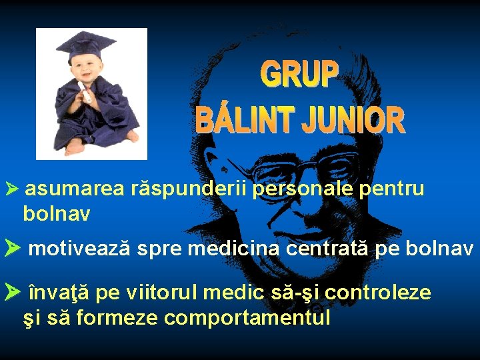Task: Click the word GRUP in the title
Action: tap(299, 75)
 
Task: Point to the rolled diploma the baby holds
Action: tap(85, 93)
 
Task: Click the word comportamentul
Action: tap(247, 318)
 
